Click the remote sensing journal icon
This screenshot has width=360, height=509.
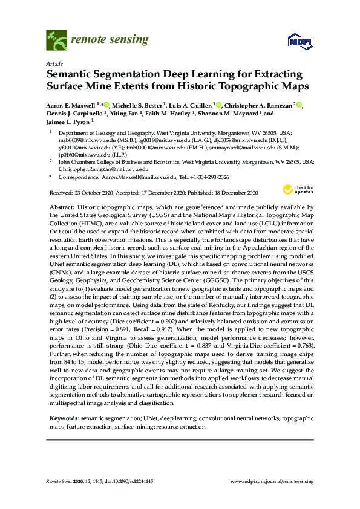click(56, 41)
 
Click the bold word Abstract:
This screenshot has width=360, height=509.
click(61, 207)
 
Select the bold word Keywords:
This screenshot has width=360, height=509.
click(64, 418)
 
